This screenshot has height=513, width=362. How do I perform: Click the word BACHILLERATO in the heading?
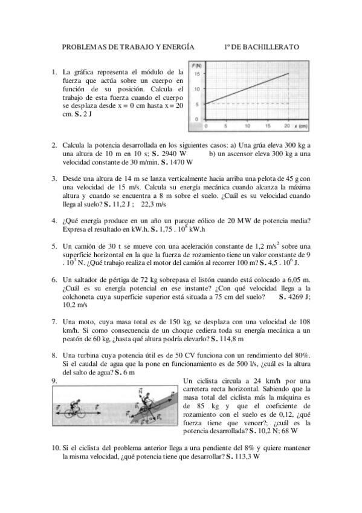[x=270, y=47]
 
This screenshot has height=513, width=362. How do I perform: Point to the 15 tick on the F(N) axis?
[x=197, y=73]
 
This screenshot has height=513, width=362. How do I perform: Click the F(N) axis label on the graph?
[x=197, y=65]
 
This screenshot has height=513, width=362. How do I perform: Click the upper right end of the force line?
[x=288, y=73]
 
